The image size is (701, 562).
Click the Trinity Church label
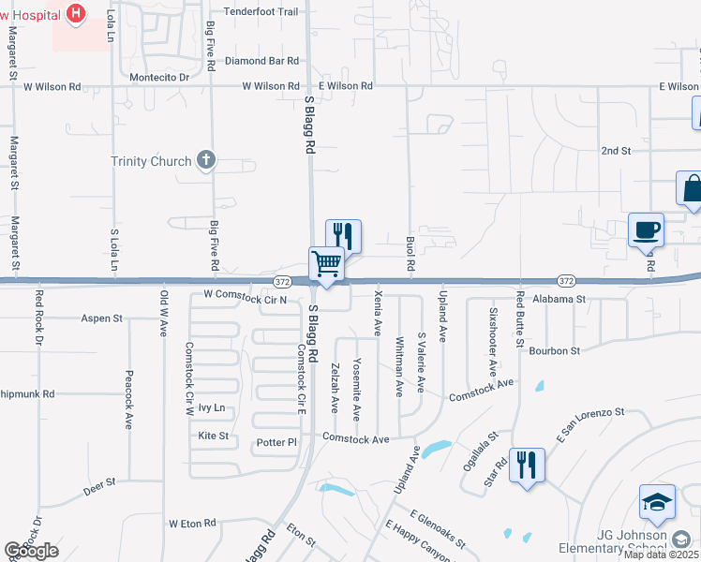(x=150, y=161)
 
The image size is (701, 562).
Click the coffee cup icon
(x=647, y=230)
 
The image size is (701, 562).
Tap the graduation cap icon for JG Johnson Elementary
(x=657, y=503)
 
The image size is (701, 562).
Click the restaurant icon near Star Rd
(x=526, y=466)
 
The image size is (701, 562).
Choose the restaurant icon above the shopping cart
(x=343, y=235)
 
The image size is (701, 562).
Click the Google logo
(x=31, y=551)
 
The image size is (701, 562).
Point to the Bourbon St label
(x=555, y=350)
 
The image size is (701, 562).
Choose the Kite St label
(x=213, y=436)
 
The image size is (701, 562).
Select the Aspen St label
(x=103, y=318)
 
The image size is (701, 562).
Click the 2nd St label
(x=616, y=150)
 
